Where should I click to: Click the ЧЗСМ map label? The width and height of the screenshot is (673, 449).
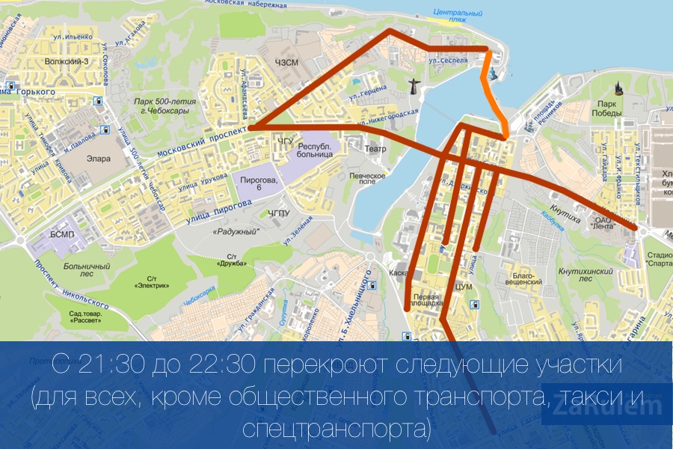point(287,63)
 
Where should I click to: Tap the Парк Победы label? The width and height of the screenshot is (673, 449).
point(606,108)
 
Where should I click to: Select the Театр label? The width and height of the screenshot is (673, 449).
point(375,150)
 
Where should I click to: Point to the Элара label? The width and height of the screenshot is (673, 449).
point(98,159)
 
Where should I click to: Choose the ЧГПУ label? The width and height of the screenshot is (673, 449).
point(278,213)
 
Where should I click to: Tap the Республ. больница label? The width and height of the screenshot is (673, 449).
point(315,152)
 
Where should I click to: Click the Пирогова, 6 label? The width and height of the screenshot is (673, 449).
point(259,184)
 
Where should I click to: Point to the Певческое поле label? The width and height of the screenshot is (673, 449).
point(367,180)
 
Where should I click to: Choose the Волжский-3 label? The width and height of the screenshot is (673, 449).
point(67,62)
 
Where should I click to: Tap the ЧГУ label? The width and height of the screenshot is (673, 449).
point(285,140)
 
